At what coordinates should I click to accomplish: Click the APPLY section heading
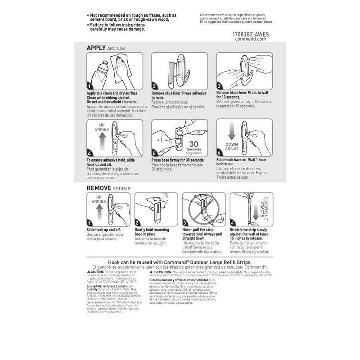[x=96, y=47]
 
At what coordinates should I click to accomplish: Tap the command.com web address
[x=251, y=39]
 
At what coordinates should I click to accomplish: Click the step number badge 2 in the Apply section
[x=154, y=86]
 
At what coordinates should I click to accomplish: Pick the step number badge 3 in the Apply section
[x=219, y=86]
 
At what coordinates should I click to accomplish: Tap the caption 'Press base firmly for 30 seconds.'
[x=178, y=160]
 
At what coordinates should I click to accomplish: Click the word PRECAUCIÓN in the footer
[x=162, y=272]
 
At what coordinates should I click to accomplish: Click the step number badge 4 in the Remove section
[x=232, y=223]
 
